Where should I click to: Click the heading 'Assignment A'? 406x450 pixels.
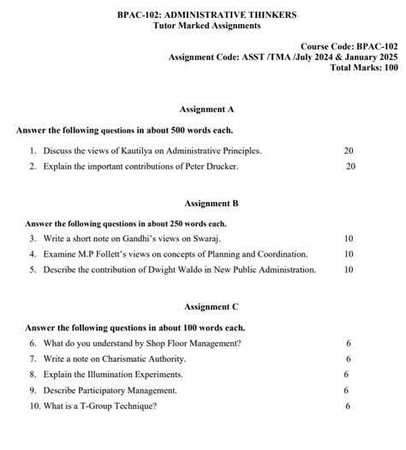[206, 110]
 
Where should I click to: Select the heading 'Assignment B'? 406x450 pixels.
[212, 204]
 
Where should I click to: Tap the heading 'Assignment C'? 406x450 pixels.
[212, 305]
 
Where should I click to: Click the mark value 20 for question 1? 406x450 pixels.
[349, 151]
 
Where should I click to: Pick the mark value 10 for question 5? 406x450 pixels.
[349, 269]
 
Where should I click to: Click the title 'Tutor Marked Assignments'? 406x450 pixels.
[206, 26]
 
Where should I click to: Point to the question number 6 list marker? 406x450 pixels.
[33, 343]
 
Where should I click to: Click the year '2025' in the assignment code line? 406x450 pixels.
[382, 56]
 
